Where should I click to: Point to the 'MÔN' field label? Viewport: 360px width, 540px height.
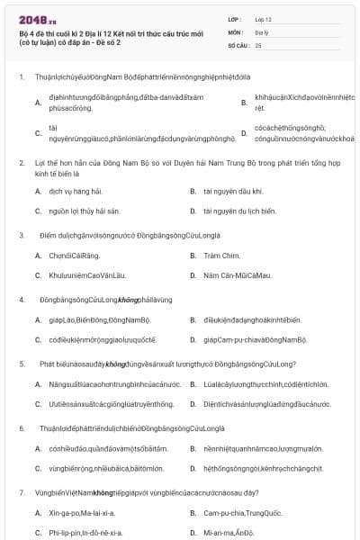(x=234, y=31)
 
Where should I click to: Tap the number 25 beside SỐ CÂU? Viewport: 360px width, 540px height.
(x=258, y=44)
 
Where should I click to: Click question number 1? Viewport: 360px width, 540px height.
(x=21, y=76)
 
